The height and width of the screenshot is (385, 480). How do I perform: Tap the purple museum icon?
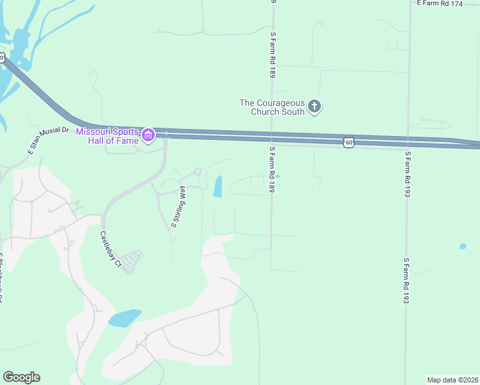coord(149,135)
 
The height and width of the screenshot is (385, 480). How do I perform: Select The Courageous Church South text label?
coord(272,107)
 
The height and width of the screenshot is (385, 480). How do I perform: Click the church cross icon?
coord(314,106)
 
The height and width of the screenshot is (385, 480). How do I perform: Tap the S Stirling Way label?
coord(179,207)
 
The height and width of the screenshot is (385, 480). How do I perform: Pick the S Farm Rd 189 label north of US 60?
coord(273,55)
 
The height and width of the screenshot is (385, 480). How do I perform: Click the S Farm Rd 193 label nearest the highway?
coord(407,174)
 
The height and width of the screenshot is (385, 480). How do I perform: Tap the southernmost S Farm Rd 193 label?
coord(407,281)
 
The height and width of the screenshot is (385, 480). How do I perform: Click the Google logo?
coord(21,377)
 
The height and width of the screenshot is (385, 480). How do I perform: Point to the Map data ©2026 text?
coord(452,379)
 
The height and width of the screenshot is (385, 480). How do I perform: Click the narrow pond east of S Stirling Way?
coord(218,186)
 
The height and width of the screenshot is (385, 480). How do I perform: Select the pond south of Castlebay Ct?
coord(124,318)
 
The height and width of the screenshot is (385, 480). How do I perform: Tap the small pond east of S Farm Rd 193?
coord(463,246)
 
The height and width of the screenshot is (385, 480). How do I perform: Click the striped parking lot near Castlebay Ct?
coord(132,261)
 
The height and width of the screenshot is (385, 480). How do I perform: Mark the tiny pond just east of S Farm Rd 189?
coord(277,176)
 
